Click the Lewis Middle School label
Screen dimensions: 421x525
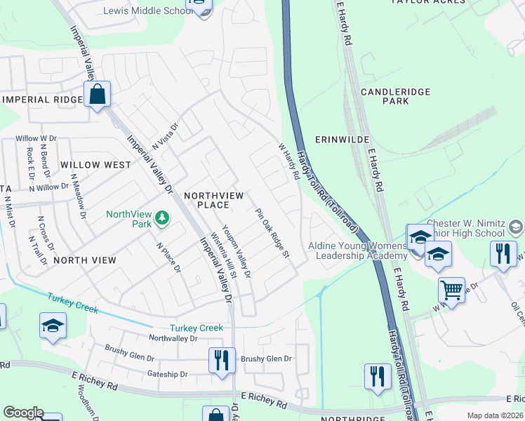[144, 11]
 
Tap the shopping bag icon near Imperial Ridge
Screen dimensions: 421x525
[97, 95]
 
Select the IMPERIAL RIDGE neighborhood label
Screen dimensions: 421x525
[43, 100]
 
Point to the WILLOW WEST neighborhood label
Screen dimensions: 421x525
[95, 164]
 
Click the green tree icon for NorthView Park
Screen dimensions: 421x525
[162, 218]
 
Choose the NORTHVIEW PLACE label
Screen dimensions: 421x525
[207, 199]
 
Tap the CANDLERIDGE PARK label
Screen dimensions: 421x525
[385, 96]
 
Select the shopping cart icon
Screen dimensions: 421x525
[451, 289]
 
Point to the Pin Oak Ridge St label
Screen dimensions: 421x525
[272, 232]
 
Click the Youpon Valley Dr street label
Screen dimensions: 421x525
[237, 249]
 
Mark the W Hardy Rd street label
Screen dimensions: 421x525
[288, 161]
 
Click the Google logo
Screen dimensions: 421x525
[23, 413]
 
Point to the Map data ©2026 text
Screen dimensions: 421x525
[495, 415]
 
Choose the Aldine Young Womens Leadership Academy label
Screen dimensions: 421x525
[358, 250]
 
